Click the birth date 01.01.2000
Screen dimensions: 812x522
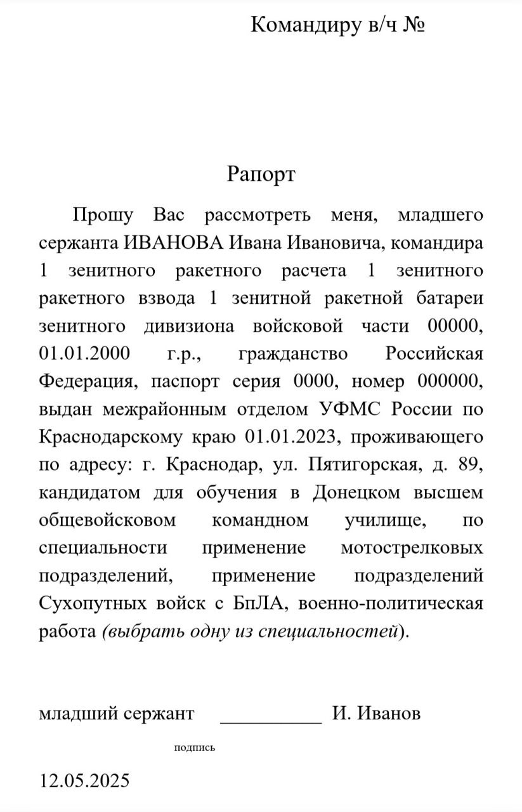click(84, 353)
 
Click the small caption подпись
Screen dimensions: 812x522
click(195, 748)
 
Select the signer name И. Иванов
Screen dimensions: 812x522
click(376, 714)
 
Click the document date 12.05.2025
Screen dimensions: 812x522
click(84, 780)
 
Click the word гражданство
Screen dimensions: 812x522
click(292, 353)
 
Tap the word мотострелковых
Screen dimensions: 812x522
click(412, 547)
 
